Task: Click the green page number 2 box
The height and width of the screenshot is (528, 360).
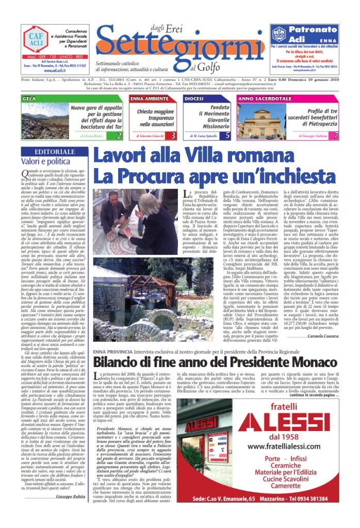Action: point(119,136)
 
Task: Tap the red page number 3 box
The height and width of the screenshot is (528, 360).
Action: point(173,136)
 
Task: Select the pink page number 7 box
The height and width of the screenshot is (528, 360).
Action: point(335,136)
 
